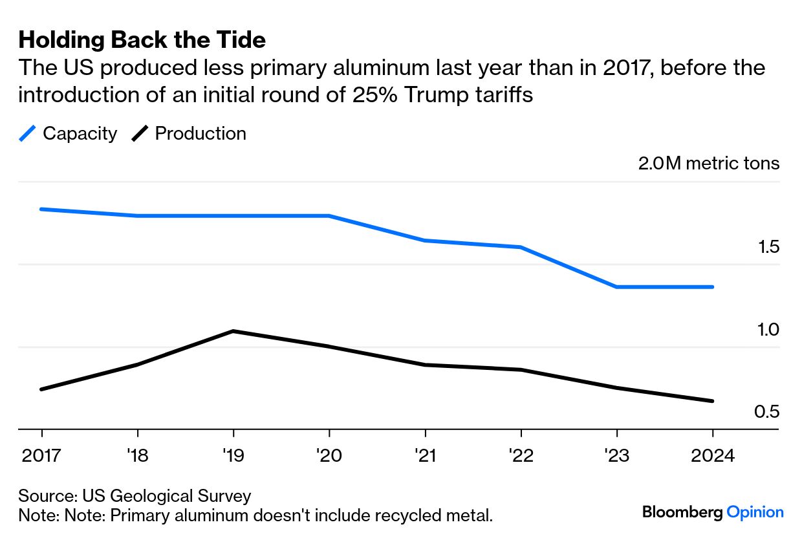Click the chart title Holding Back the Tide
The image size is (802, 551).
click(x=142, y=40)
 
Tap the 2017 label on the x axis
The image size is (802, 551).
click(x=41, y=456)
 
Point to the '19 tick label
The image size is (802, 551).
click(x=233, y=456)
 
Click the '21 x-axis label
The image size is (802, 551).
click(x=424, y=456)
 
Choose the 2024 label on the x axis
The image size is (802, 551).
click(x=712, y=456)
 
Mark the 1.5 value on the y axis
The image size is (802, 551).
click(x=768, y=248)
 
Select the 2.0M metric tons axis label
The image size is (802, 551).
click(x=709, y=164)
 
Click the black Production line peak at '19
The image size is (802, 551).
click(x=233, y=331)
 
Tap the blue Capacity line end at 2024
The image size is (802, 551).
click(x=712, y=286)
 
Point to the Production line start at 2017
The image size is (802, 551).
click(x=42, y=389)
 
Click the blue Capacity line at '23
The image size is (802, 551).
click(x=616, y=286)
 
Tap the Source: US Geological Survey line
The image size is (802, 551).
click(x=135, y=496)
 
